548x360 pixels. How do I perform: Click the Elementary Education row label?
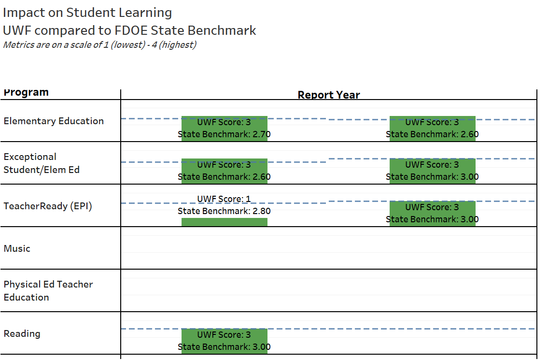click(x=54, y=121)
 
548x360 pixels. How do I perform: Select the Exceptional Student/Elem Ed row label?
click(x=42, y=163)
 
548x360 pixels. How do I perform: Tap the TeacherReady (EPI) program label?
click(x=48, y=206)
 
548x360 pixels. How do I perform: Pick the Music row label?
click(x=17, y=248)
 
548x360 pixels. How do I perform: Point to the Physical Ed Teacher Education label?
click(x=48, y=291)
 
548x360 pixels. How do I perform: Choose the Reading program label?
click(x=22, y=333)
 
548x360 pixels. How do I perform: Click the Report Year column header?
click(x=329, y=95)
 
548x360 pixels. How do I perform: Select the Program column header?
click(x=26, y=92)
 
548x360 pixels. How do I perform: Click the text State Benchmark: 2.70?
click(x=224, y=134)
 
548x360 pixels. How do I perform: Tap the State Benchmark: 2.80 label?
click(x=224, y=211)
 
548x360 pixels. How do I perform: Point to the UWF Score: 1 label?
click(x=224, y=199)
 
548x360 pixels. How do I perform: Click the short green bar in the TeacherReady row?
click(x=224, y=222)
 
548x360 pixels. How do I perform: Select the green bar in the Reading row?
click(x=224, y=341)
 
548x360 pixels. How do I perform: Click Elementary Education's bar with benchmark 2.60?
click(x=432, y=128)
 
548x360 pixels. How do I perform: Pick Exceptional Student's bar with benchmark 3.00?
click(x=432, y=171)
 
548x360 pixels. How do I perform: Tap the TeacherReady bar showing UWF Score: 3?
click(x=432, y=213)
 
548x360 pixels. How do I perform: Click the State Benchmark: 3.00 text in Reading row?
click(x=224, y=347)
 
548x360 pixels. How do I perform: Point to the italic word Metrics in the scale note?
click(x=18, y=45)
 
